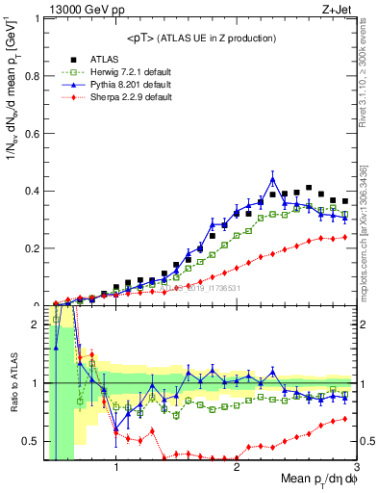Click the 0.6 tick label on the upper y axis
pyautogui.click(x=35, y=133)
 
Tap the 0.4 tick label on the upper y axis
pyautogui.click(x=35, y=191)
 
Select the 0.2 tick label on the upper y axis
pyautogui.click(x=35, y=248)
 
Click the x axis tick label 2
pyautogui.click(x=237, y=469)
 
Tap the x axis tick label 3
pyautogui.click(x=356, y=469)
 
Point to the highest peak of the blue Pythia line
pyautogui.click(x=273, y=178)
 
